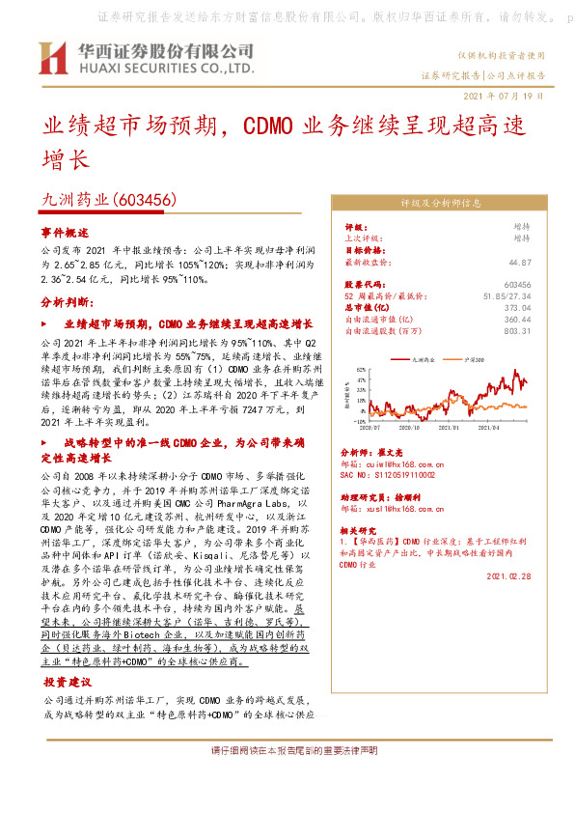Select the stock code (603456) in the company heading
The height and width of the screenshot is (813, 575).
[x=145, y=200]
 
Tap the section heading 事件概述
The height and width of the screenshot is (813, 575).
[x=65, y=233]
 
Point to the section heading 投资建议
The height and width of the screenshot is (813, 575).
[x=67, y=681]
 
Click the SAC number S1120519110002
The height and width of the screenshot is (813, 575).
[x=396, y=475]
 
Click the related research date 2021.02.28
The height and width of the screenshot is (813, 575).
[x=508, y=575]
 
